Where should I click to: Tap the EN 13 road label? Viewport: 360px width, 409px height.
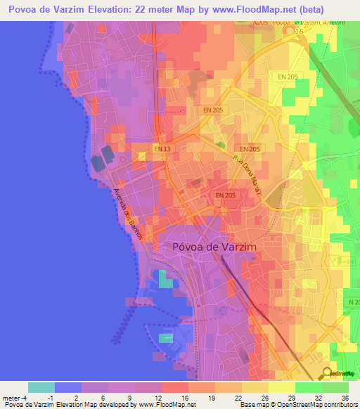tap(162, 149)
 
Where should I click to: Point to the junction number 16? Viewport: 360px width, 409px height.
tap(299, 32)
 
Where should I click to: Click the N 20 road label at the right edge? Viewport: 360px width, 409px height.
tap(352, 301)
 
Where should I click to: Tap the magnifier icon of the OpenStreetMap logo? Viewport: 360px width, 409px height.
tap(328, 372)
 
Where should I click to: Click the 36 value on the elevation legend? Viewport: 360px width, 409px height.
tap(345, 397)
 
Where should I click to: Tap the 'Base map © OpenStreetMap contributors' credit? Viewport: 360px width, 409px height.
tap(298, 405)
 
